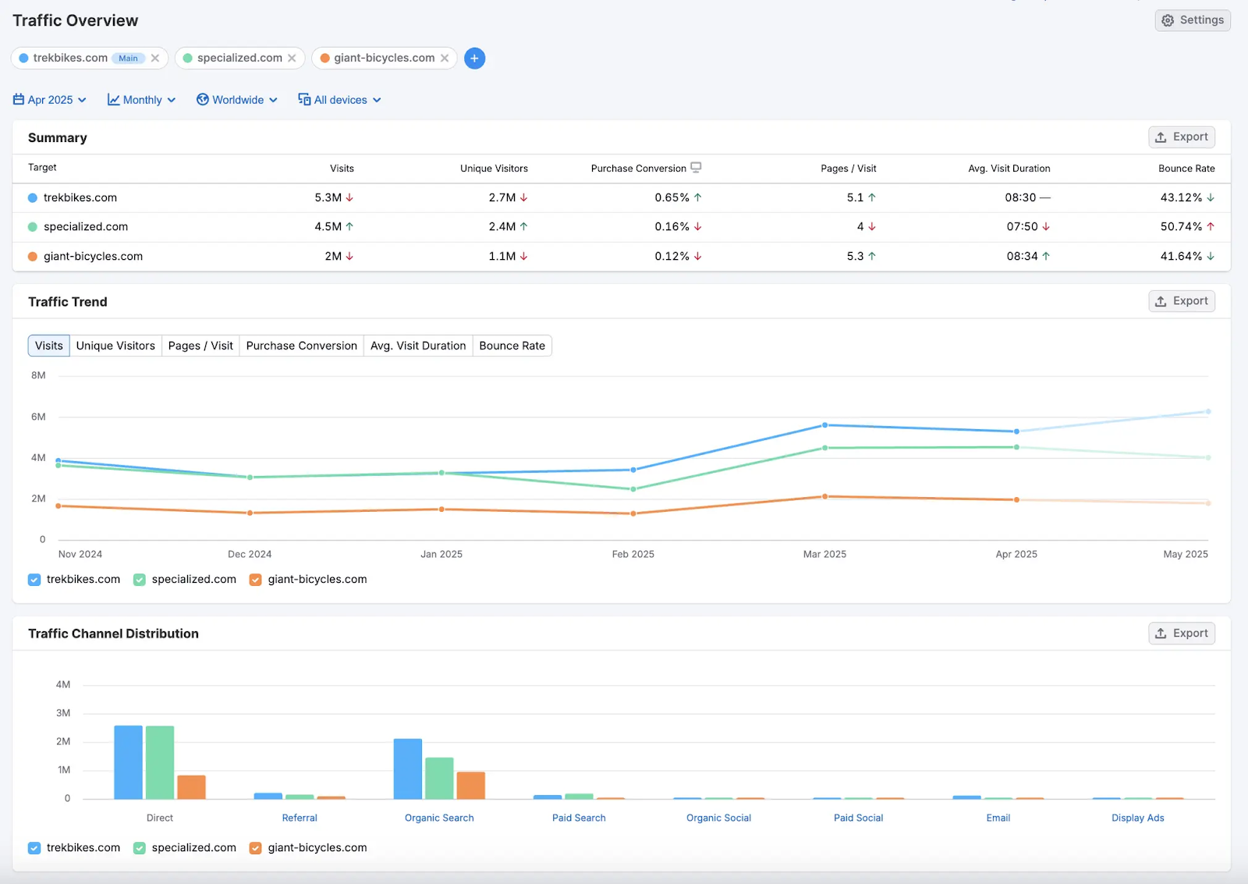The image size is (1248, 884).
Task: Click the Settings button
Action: click(1192, 20)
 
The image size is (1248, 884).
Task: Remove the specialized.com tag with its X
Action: click(292, 59)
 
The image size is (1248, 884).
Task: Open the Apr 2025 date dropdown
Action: click(49, 100)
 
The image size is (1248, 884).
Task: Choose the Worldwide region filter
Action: click(236, 100)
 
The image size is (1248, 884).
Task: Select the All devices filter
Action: click(339, 100)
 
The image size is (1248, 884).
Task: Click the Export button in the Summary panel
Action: click(1181, 137)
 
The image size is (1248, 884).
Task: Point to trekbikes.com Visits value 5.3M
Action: click(328, 197)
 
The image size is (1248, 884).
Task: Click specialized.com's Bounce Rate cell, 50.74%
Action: click(1181, 227)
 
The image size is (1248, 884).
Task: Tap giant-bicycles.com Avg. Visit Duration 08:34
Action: click(1022, 256)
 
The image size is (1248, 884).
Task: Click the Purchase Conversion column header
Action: click(638, 169)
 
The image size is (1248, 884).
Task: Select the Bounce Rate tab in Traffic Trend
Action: click(512, 346)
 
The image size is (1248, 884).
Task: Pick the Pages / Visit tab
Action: click(200, 346)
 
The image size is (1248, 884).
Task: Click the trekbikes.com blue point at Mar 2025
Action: click(824, 425)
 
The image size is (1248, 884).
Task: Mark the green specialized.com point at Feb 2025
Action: click(633, 489)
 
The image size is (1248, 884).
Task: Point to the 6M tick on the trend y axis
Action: click(38, 417)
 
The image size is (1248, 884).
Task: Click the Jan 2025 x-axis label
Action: click(441, 554)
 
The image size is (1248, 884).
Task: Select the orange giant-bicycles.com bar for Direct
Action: click(191, 786)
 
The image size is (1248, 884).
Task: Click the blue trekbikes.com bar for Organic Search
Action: click(408, 769)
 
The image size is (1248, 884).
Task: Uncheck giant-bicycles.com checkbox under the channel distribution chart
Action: click(255, 848)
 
